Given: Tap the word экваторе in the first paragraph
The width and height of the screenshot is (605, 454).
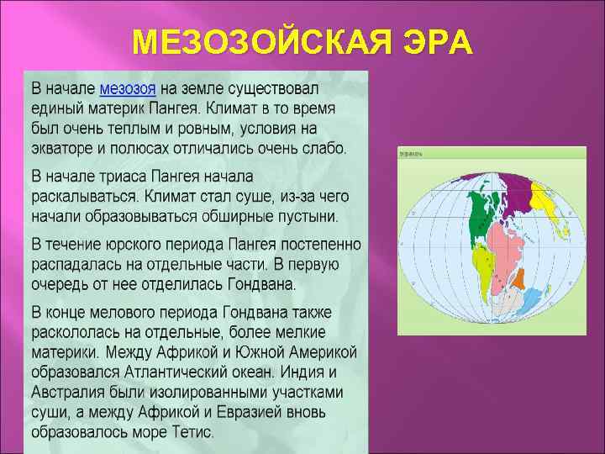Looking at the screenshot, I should pos(66,149).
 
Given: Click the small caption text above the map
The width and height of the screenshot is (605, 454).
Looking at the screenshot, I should pos(411,155).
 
